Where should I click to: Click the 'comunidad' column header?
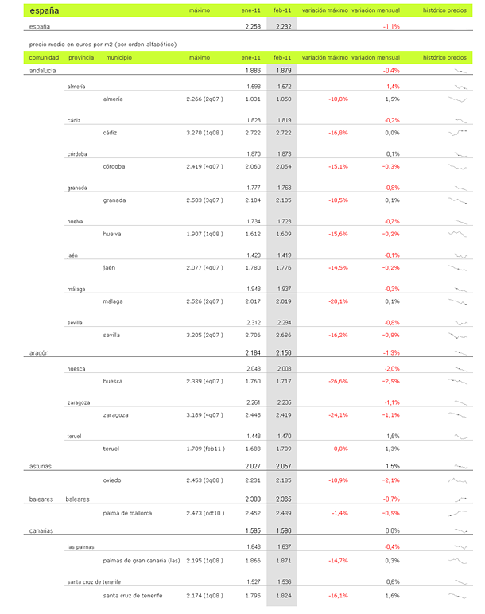44,58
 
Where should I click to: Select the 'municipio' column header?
118,58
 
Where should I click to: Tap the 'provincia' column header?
81,58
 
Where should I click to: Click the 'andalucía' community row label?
42,71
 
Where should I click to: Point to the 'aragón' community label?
40,352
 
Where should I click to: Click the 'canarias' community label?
41,530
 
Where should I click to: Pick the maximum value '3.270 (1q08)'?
204,133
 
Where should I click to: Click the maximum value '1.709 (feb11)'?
204,449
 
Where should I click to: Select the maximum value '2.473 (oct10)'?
204,513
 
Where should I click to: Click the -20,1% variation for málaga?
338,301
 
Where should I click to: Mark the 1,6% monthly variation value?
391,595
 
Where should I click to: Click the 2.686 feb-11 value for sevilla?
283,336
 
